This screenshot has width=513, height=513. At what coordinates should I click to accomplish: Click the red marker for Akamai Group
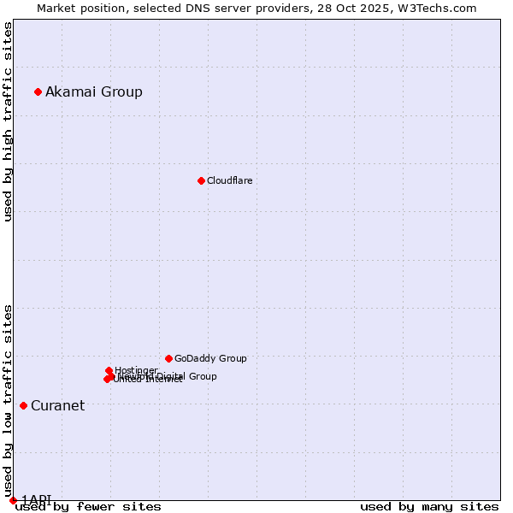pyautogui.click(x=38, y=91)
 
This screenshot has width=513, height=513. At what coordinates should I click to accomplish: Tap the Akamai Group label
pyautogui.click(x=94, y=92)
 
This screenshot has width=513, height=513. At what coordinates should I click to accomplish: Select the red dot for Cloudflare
pyautogui.click(x=201, y=180)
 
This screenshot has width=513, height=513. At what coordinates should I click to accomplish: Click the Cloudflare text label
pyautogui.click(x=230, y=181)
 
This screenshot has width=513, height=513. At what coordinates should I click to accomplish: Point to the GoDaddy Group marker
pyautogui.click(x=168, y=358)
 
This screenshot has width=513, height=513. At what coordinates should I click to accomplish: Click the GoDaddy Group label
pyautogui.click(x=210, y=359)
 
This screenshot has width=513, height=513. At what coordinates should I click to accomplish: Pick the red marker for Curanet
pyautogui.click(x=23, y=405)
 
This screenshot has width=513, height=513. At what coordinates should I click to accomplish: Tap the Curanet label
pyautogui.click(x=58, y=406)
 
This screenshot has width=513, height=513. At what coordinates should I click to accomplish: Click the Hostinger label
pyautogui.click(x=136, y=370)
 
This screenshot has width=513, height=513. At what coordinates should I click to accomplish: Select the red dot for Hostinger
pyautogui.click(x=109, y=370)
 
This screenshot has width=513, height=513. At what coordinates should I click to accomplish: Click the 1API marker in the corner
pyautogui.click(x=13, y=500)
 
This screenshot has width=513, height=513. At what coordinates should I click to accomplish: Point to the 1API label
pyautogui.click(x=37, y=499)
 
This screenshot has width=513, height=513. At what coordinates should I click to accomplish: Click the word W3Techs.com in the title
pyautogui.click(x=441, y=9)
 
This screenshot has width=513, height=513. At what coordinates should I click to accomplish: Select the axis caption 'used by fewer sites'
pyautogui.click(x=88, y=507)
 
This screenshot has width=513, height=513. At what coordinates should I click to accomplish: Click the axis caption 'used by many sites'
pyautogui.click(x=429, y=507)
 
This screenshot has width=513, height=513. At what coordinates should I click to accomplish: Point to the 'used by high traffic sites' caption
pyautogui.click(x=9, y=121)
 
